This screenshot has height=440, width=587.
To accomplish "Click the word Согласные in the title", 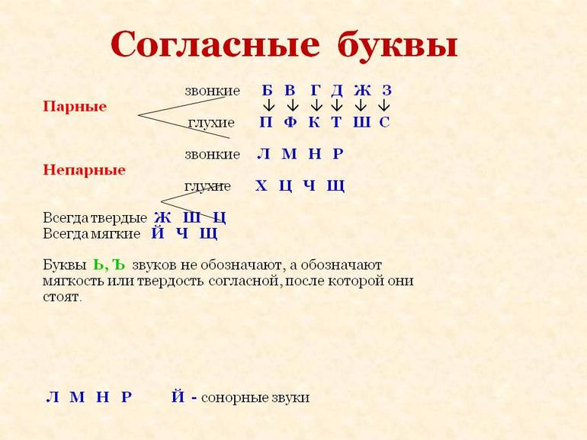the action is (x=215, y=43).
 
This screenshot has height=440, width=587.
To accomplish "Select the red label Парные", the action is (x=75, y=106).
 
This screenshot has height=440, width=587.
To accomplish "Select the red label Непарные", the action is (x=84, y=170).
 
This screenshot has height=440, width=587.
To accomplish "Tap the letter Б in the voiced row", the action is (x=267, y=90).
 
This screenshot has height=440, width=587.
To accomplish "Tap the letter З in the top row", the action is (x=387, y=90).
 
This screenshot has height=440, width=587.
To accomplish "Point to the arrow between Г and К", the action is (x=316, y=105).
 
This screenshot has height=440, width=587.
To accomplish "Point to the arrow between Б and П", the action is (x=269, y=105).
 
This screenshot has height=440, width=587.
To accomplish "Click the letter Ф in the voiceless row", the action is (x=290, y=122).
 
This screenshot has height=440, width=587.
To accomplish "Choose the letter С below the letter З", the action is (x=384, y=122).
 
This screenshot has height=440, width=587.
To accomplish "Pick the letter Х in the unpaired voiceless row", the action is (x=261, y=186).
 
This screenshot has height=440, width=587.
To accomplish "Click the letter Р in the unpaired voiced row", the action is (x=338, y=154).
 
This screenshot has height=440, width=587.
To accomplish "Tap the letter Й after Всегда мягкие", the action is (x=158, y=233).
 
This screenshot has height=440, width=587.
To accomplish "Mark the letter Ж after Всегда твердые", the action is (x=162, y=217).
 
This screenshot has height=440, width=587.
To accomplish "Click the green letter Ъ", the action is (x=118, y=265).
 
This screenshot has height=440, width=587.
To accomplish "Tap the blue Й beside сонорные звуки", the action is (x=178, y=397).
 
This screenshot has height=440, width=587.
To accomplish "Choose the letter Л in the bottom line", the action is (x=53, y=397).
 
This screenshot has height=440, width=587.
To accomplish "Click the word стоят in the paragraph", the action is (x=62, y=297).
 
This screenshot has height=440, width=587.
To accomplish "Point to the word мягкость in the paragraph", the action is (x=73, y=281).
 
